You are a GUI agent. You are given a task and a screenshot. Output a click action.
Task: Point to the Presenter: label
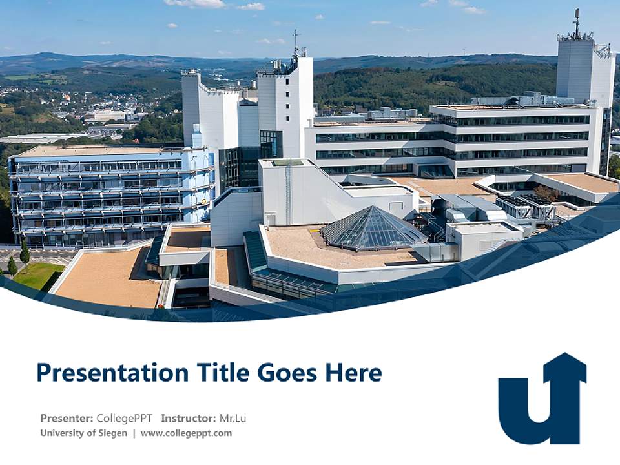[x=67, y=418]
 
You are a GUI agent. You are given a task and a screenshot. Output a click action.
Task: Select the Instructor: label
[x=188, y=418]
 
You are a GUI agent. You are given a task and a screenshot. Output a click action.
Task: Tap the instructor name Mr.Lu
[x=232, y=418]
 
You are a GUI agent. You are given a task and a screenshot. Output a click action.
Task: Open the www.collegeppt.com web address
[x=186, y=433]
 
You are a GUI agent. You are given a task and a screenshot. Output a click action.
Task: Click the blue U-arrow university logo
[x=542, y=404]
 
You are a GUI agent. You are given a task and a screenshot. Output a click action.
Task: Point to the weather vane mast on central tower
[x=295, y=40]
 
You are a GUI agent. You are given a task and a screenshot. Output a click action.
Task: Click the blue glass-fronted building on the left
[x=110, y=194]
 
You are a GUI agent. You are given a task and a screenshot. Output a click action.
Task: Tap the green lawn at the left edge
[x=39, y=275]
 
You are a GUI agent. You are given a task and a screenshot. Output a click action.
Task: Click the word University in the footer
[x=62, y=433]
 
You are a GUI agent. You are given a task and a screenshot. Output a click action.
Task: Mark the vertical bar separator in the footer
[x=134, y=433]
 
